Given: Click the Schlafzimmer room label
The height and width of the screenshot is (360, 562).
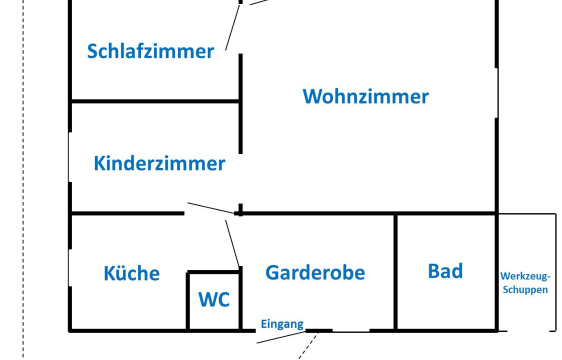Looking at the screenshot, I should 150,51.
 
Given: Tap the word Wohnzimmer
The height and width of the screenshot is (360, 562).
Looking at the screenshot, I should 365,96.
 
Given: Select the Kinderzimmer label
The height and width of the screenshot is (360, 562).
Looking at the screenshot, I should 159,163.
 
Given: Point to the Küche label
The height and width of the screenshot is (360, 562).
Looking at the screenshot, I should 131,273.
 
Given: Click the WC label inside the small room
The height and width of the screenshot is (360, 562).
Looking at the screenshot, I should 214,299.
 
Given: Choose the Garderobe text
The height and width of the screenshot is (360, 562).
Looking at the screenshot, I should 315,272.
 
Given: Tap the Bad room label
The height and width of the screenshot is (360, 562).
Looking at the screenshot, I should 445,271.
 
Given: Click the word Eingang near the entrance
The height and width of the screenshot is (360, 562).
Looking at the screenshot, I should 282,324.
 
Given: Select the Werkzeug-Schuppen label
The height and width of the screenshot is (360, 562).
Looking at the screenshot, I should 525,283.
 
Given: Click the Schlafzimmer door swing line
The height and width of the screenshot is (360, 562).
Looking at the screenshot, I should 232,27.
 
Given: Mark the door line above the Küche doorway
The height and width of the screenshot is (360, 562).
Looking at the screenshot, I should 210,208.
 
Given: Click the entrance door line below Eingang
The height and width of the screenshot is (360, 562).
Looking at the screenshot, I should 280,337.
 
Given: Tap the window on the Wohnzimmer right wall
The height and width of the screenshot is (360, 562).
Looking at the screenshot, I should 496,93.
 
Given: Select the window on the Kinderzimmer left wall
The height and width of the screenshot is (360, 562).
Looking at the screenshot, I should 70,157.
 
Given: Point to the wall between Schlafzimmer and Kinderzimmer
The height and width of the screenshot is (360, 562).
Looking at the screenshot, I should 155,101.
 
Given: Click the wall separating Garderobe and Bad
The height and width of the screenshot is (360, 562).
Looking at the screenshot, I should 395,272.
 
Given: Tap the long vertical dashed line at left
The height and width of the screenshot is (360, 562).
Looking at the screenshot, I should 23,180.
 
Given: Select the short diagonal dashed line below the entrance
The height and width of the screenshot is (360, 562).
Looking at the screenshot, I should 308,345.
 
